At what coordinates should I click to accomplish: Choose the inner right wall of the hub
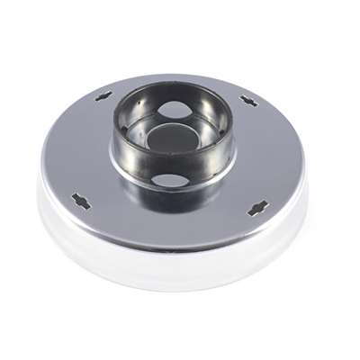click(x=210, y=126)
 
